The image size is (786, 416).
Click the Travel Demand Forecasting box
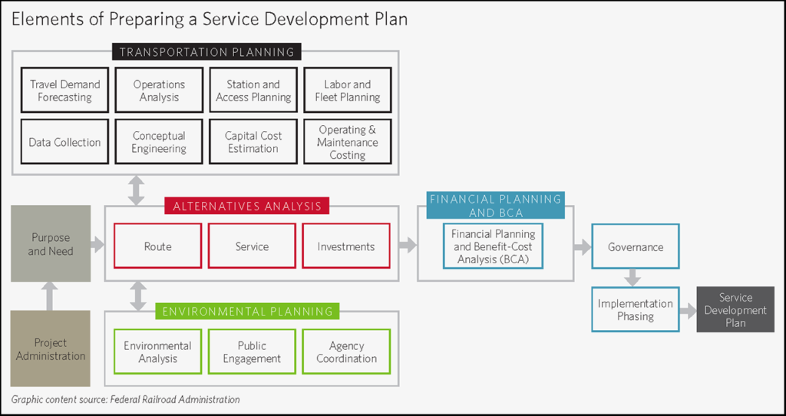pos(65,91)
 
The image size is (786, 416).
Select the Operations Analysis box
pos(159,91)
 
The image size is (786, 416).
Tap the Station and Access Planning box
pos(253,91)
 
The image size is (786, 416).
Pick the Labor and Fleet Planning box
pos(347,91)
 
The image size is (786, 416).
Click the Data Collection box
pos(65,142)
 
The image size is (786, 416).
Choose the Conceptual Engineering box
pos(159,142)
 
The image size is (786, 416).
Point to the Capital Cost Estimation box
pos(253,142)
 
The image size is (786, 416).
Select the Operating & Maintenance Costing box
pos(347,142)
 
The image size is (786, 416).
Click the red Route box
pos(158,246)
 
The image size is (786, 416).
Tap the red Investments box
pos(346,246)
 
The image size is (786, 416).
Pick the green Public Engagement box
pos(253,352)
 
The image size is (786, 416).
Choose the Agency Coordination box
pos(346,352)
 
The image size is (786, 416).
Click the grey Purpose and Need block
pos(51,244)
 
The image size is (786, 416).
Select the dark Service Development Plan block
pos(735,310)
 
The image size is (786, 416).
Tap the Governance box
pos(636,246)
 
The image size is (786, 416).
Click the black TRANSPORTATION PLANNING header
pos(206,52)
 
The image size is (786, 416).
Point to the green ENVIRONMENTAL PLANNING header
pos(247,312)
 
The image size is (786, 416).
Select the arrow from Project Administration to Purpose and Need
pos(50,296)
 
